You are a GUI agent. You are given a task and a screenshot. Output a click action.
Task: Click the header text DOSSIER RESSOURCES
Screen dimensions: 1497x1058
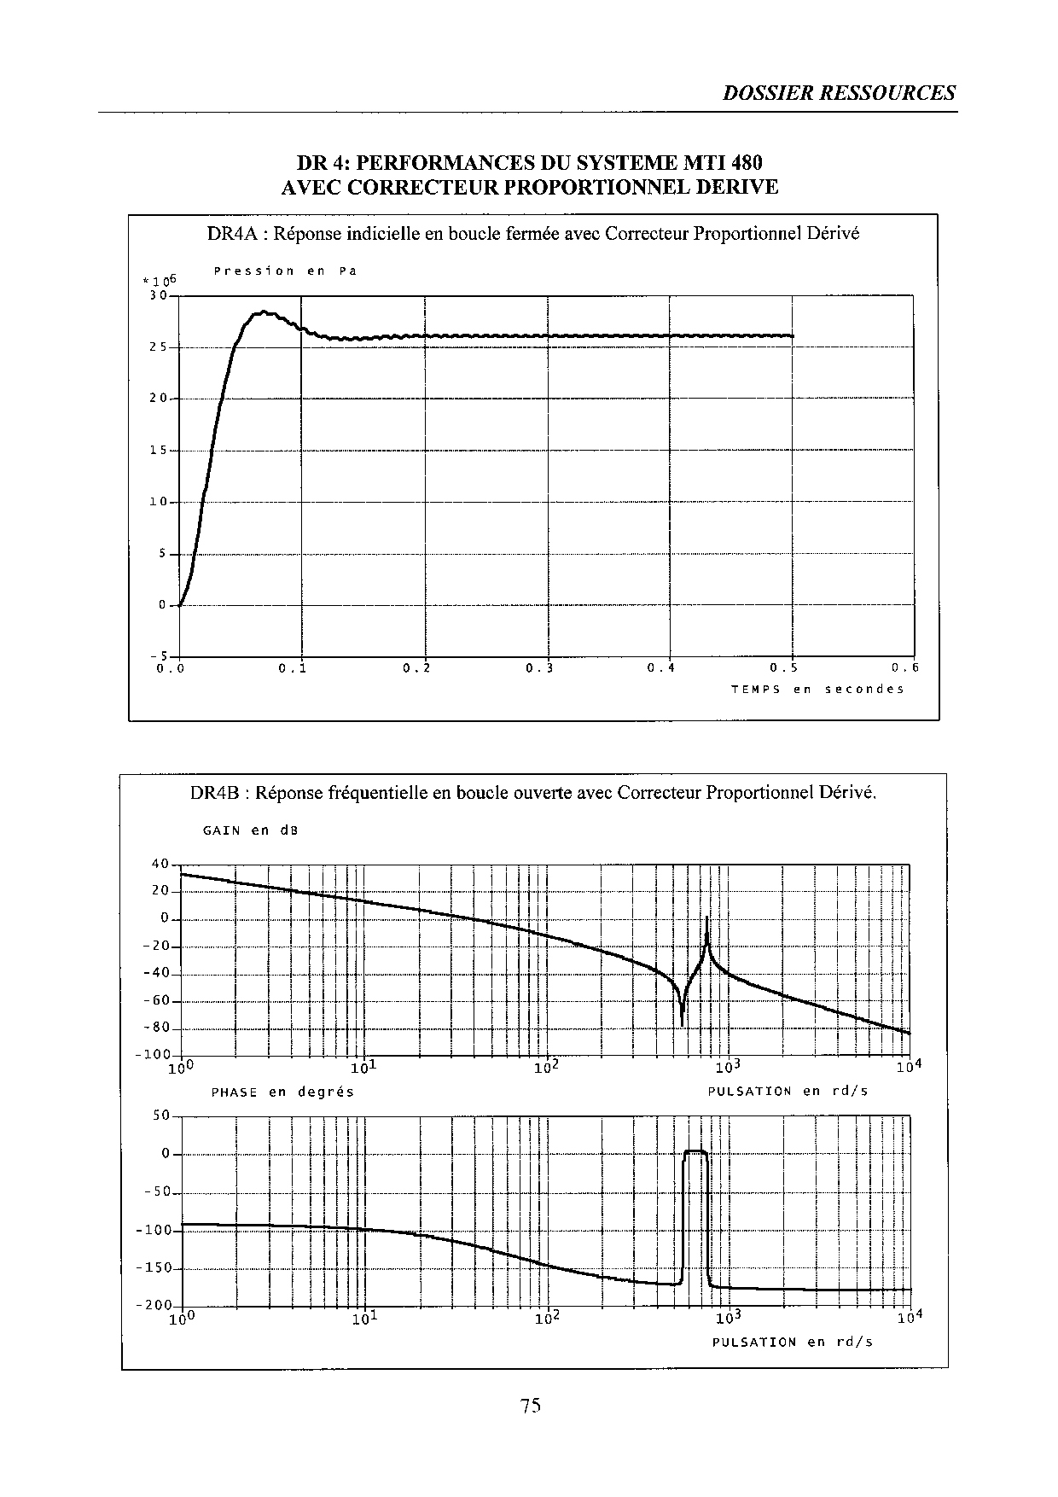pos(839,93)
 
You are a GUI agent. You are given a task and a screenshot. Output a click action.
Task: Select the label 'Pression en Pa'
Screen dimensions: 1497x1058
pos(285,271)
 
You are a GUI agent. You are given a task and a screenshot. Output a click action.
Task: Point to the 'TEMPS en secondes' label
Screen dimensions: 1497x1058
pos(817,689)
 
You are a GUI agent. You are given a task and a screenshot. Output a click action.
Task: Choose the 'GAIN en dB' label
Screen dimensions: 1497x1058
pos(250,830)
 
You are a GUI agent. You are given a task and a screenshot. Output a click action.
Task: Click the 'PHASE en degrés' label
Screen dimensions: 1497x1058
pos(282,1092)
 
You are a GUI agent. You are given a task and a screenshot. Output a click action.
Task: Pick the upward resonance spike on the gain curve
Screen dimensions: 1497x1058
pos(707,922)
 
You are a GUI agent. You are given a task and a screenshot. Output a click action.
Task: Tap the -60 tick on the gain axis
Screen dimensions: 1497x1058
pos(157,1001)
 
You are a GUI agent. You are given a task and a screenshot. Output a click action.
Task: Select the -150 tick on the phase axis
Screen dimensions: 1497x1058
pos(154,1268)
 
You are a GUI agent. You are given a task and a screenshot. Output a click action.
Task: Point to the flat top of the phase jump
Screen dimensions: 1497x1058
pos(695,1152)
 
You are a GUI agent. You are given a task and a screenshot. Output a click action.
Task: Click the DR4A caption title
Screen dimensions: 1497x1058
pos(532,233)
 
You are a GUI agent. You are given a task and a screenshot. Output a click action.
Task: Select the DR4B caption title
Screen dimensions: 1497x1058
pos(532,793)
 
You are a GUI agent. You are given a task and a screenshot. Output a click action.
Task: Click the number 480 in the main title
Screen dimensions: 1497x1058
pos(745,162)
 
